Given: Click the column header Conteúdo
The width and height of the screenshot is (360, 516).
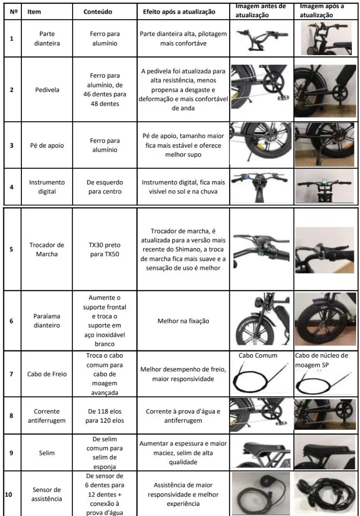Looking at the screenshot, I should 98,12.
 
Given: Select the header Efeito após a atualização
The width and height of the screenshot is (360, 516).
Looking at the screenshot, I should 179,12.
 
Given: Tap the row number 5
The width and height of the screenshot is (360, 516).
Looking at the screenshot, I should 12,249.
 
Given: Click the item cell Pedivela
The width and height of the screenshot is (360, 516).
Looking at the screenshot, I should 47,90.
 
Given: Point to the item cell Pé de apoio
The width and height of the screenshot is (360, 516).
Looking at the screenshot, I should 47,145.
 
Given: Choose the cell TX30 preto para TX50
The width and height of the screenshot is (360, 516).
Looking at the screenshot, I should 105,249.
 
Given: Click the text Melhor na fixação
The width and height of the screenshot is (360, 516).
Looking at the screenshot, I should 183,321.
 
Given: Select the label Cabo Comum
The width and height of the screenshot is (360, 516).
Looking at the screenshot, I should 258,355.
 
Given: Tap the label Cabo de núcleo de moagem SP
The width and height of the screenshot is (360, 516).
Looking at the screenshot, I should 321,360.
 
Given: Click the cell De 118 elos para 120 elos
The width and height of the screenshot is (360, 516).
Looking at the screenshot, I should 105,416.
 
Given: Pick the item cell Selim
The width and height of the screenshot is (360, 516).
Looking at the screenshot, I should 47,453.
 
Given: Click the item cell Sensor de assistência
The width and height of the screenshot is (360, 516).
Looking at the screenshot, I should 47,494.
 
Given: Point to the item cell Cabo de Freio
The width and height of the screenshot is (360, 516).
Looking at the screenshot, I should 47,374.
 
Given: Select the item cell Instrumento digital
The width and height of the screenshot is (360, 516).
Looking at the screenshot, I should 47,187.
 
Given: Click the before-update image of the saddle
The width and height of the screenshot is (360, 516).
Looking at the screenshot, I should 260,453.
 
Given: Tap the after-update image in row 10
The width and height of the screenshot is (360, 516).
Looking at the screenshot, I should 325,493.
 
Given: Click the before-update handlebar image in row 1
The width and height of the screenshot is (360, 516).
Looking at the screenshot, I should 260,38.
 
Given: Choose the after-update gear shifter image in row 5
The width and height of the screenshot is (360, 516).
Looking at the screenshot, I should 324,250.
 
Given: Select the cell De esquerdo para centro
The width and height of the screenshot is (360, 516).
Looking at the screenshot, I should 105,187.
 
